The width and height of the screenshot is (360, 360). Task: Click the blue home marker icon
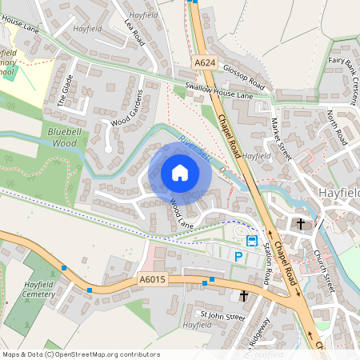pyautogui.click(x=180, y=173)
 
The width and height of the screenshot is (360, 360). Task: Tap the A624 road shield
pyautogui.click(x=204, y=61)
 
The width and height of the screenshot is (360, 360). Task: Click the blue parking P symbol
pyautogui.click(x=238, y=256)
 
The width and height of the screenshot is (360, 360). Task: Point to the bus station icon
pyautogui.click(x=251, y=240)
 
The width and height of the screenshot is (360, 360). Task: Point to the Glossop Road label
pyautogui.click(x=243, y=77)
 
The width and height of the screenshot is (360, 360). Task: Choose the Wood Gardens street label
pyautogui.click(x=131, y=111)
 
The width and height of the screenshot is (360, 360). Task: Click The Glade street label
pyautogui.click(x=64, y=95)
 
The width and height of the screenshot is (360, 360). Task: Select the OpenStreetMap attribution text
pyautogui.click(x=81, y=354)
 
